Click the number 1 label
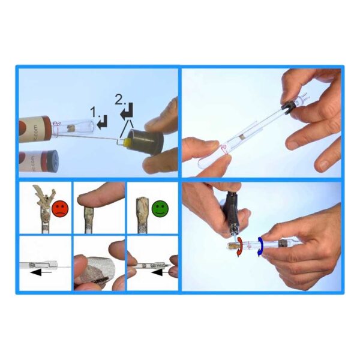(94, 112)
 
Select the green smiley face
(160, 209)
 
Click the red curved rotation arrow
(240, 247)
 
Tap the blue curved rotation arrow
(262, 246)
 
